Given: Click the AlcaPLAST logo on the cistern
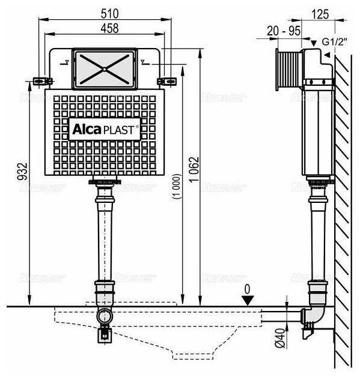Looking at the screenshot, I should [x=105, y=128].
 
